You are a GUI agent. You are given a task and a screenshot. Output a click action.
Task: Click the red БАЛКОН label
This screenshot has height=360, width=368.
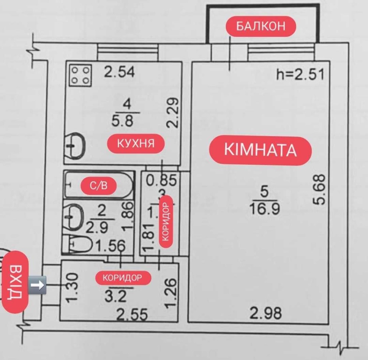(x=261, y=26)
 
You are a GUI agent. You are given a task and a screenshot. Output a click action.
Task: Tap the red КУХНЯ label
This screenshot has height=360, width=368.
(x=135, y=143)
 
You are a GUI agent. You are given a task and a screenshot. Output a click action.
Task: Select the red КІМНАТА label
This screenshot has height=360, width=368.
(x=260, y=150)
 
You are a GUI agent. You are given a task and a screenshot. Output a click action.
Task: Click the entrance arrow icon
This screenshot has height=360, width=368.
(x=38, y=285)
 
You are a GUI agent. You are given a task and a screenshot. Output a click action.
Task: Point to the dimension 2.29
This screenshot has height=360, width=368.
(x=173, y=112)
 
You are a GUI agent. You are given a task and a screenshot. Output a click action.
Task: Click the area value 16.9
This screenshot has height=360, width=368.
(x=266, y=209)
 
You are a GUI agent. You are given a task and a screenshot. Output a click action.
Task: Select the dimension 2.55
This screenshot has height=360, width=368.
(x=132, y=314)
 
